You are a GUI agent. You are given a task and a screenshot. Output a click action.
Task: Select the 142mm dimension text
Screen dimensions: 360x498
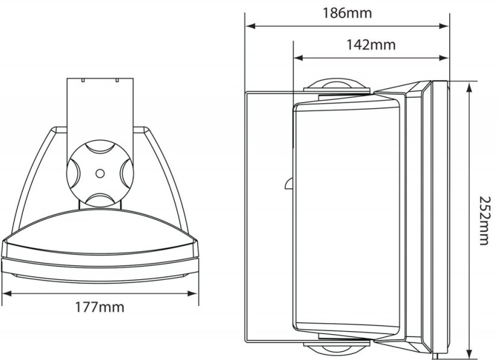click(x=370, y=45)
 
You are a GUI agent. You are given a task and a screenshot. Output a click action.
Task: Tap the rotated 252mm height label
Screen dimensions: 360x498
click(x=485, y=220)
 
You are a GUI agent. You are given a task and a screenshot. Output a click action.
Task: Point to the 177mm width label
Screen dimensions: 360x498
click(x=101, y=308)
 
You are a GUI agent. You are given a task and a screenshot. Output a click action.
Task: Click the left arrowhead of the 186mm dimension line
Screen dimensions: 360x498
click(x=249, y=26)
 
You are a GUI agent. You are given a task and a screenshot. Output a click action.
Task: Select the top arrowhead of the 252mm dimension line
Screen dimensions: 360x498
click(x=468, y=84)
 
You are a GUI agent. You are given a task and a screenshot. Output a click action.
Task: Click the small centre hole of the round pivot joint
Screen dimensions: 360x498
click(x=98, y=172)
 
